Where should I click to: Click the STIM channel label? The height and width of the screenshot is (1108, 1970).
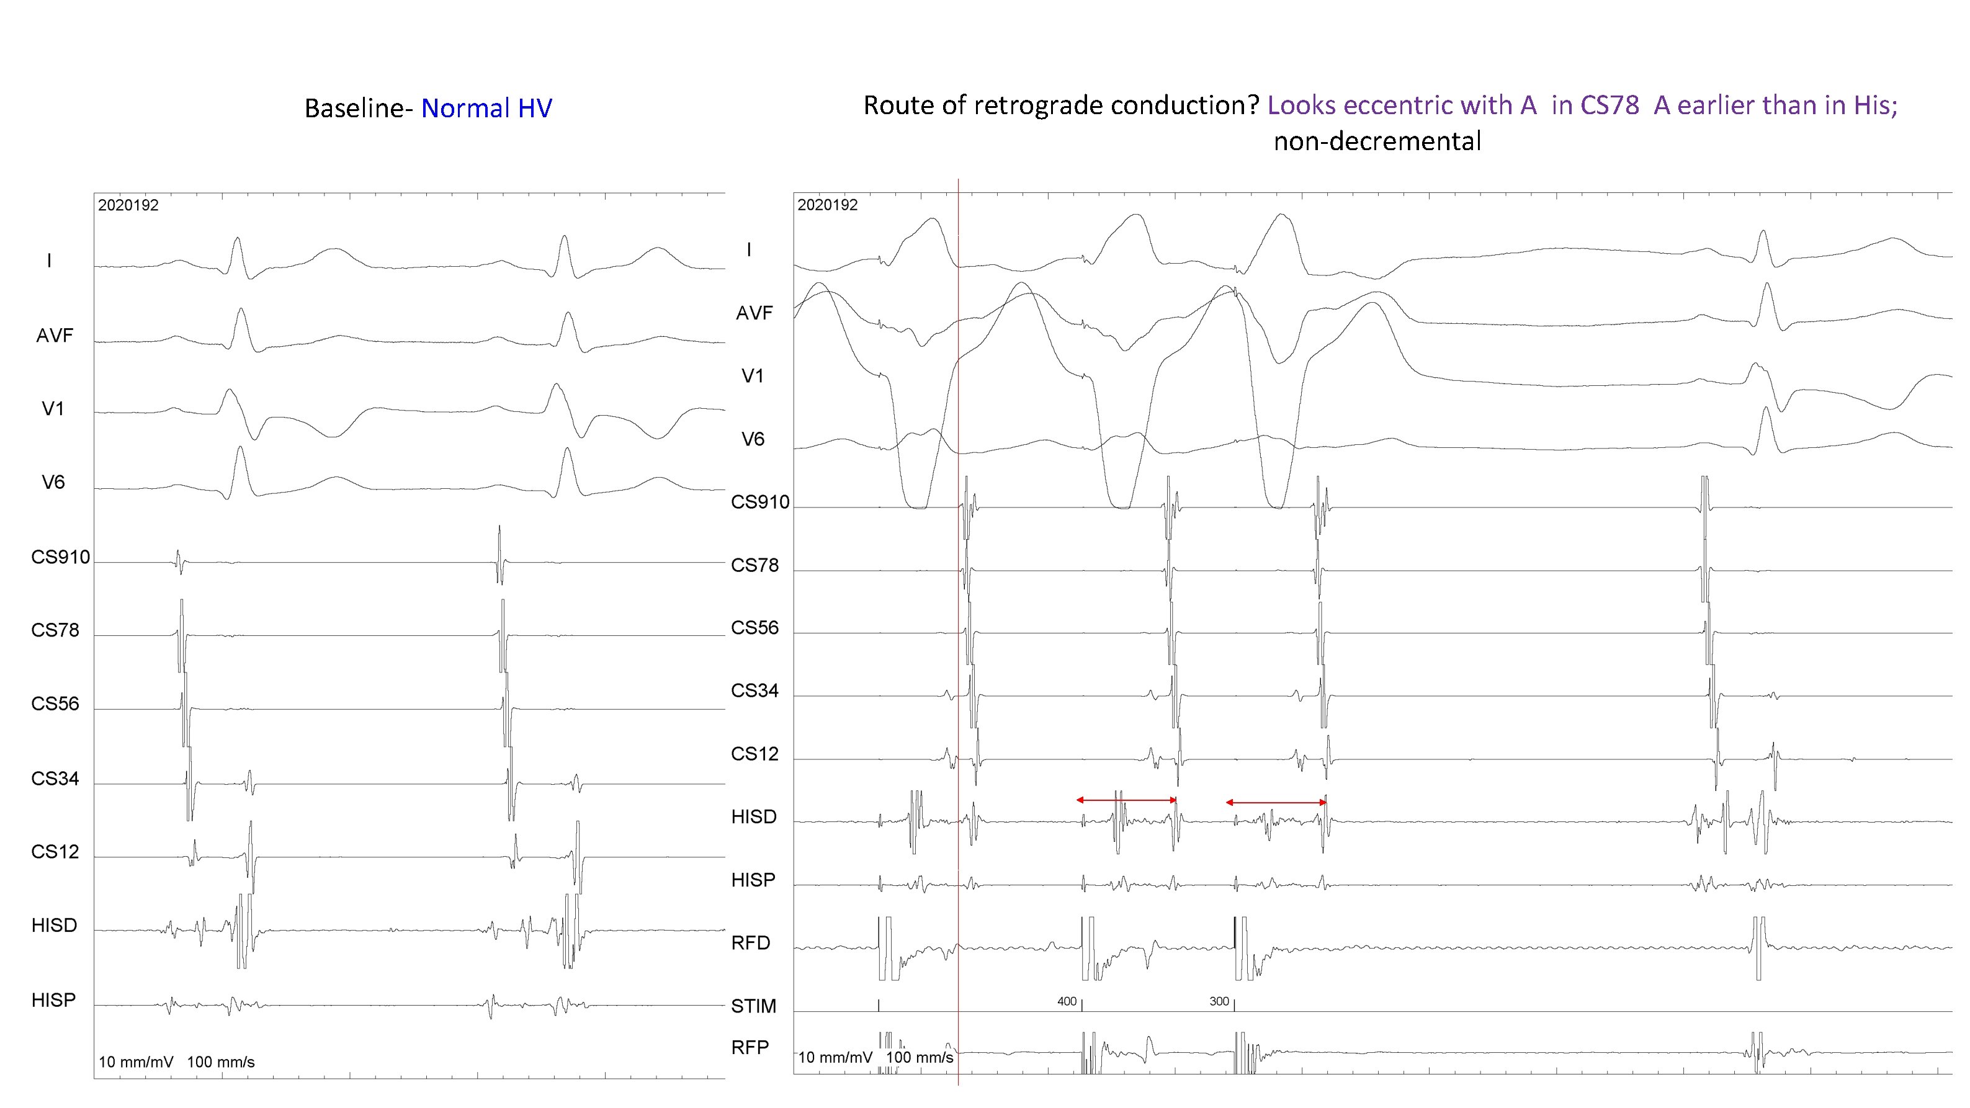tap(753, 1006)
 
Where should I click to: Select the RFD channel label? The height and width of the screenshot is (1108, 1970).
tap(750, 943)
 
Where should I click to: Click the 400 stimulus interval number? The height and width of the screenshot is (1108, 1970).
tap(1066, 1002)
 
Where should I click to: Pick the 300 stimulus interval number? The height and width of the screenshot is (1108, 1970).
tap(1219, 1002)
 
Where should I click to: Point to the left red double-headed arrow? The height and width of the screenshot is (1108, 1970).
tap(1126, 800)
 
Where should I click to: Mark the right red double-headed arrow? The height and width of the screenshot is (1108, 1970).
tap(1276, 802)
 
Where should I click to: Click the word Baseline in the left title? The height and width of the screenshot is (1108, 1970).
tap(358, 109)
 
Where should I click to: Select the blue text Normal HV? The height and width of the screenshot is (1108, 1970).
tap(486, 109)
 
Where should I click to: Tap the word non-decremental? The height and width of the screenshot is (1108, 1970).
tap(1377, 141)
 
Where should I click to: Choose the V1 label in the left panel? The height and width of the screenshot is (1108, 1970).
tap(53, 409)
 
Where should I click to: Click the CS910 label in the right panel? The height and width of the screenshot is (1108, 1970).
tap(759, 503)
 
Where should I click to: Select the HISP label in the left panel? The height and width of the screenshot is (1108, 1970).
tap(53, 1000)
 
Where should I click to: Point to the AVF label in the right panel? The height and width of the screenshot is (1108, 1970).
tap(754, 313)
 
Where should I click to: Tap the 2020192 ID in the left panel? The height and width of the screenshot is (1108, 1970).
tap(128, 205)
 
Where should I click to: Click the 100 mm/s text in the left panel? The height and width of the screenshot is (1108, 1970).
tap(220, 1062)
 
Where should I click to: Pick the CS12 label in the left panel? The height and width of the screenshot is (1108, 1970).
tap(55, 852)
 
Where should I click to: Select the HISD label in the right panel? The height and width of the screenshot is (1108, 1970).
tap(753, 816)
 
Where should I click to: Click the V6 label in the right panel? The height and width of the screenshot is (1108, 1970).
tap(753, 439)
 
